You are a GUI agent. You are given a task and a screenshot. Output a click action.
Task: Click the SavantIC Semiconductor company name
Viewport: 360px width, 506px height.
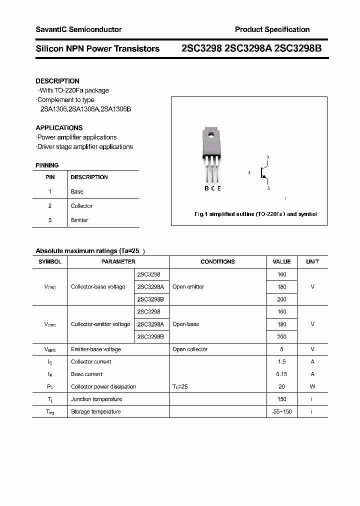tap(78, 29)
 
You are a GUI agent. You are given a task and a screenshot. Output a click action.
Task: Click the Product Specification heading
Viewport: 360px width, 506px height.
tap(272, 29)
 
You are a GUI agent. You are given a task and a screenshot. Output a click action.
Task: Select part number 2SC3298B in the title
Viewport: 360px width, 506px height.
tap(298, 48)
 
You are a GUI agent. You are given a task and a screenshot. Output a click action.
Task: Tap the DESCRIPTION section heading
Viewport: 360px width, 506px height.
tap(57, 81)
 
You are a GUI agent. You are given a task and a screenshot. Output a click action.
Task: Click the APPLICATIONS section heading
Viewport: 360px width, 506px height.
tap(59, 128)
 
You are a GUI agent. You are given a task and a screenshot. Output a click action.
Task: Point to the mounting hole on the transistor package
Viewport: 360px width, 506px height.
tap(211, 134)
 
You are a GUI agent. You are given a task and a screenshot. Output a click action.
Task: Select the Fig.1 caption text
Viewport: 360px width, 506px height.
tap(255, 214)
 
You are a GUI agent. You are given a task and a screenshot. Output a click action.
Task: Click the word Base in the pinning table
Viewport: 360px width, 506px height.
tap(77, 191)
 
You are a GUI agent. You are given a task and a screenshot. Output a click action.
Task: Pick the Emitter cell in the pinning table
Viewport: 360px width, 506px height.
tap(79, 220)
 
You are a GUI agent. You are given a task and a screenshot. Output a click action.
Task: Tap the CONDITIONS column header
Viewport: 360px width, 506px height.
tap(217, 261)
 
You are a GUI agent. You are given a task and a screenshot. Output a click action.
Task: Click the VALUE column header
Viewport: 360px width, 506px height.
tap(281, 261)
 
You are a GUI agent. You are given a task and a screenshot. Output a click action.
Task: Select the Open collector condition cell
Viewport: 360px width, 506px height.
tap(190, 349)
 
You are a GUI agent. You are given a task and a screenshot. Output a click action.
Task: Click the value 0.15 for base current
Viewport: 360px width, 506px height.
tap(281, 374)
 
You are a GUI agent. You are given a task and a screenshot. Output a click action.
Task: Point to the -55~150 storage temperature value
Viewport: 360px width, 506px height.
tap(281, 411)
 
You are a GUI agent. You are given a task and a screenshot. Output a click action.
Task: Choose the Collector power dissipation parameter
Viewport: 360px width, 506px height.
tap(103, 386)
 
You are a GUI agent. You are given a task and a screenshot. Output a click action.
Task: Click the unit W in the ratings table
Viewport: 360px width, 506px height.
tap(312, 386)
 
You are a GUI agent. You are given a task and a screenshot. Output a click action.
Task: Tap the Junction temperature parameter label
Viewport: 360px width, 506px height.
tap(96, 399)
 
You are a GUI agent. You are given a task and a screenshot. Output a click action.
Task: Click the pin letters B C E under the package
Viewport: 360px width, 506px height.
tap(212, 188)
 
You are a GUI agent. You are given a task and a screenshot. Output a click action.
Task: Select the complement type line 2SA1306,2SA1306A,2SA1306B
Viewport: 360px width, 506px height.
tap(85, 109)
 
